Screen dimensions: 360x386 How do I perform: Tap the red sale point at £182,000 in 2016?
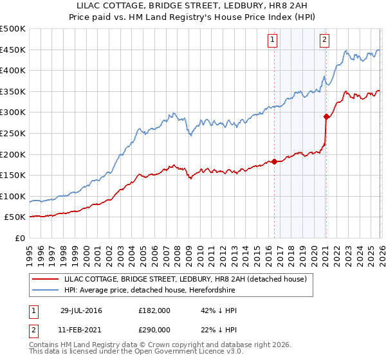click(x=275, y=161)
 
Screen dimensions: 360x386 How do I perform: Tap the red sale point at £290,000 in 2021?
click(x=326, y=116)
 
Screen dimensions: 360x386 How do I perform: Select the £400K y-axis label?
click(x=13, y=71)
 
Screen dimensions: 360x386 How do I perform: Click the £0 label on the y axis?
click(x=19, y=238)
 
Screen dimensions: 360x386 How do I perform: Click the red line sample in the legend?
click(x=46, y=279)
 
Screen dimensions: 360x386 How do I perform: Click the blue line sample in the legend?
click(x=46, y=289)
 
